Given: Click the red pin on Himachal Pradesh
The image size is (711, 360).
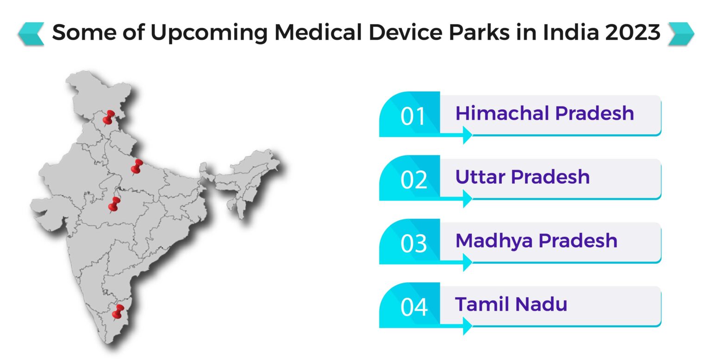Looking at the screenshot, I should (x=109, y=116).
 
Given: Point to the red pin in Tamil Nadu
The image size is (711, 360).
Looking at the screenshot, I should (x=118, y=311).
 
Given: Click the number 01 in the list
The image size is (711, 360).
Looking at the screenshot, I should (x=412, y=117).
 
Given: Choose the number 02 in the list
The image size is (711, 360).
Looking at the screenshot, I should (x=412, y=180).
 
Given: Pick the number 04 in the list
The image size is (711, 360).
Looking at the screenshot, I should (x=412, y=307).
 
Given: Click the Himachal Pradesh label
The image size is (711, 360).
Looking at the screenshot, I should (x=544, y=113).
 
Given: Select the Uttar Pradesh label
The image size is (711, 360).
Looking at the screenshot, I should (x=522, y=177).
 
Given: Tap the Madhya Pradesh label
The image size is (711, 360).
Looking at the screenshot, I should (x=536, y=241).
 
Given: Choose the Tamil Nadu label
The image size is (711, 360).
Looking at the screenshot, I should (x=511, y=304).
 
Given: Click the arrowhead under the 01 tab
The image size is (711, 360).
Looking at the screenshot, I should (x=467, y=136).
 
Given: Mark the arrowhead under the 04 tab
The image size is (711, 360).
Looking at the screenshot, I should (x=467, y=326).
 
